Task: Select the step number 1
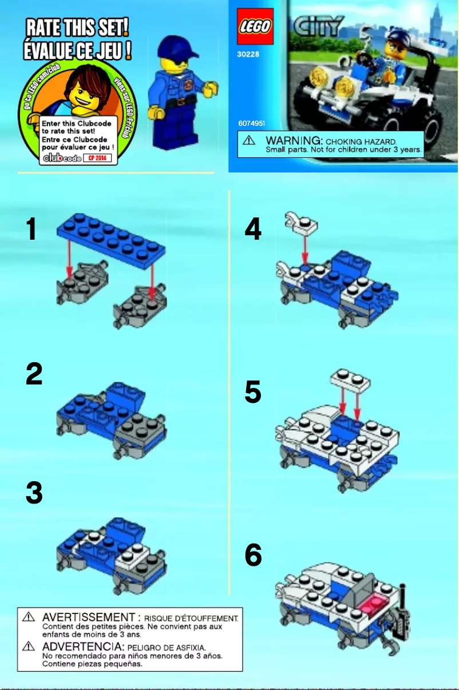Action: tap(33, 229)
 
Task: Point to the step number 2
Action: tap(34, 374)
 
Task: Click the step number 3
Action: tap(34, 493)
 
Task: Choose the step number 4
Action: tap(252, 230)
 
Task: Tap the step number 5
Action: tap(253, 393)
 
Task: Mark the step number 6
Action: tap(253, 556)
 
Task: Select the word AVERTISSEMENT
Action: tap(88, 618)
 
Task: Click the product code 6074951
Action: tap(251, 124)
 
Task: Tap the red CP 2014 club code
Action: tap(98, 158)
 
